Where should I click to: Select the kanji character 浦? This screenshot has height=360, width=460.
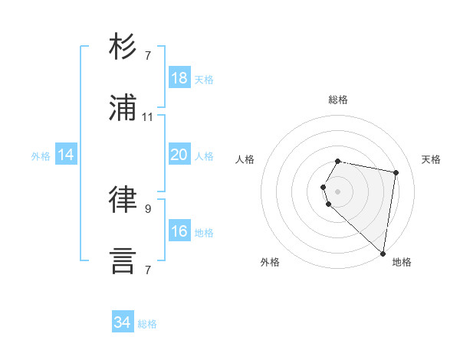[123, 107]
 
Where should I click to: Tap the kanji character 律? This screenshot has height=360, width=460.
[123, 199]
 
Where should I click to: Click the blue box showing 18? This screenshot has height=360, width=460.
[179, 78]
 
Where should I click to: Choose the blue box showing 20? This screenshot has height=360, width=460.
[179, 155]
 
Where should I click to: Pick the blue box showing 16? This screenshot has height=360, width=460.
[179, 231]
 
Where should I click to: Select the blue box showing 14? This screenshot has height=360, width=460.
[66, 155]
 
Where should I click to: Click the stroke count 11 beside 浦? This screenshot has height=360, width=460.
[148, 117]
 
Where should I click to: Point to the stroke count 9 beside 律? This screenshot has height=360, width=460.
[148, 208]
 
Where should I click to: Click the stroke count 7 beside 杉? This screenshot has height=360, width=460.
[148, 56]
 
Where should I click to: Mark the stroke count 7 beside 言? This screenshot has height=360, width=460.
[148, 270]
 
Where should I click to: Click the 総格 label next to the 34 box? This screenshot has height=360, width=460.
[147, 324]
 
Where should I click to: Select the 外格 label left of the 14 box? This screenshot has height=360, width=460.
[41, 155]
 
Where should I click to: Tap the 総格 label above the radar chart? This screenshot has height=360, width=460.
[338, 100]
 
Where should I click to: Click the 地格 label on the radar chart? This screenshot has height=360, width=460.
[402, 262]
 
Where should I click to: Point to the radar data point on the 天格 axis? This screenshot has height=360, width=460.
[396, 173]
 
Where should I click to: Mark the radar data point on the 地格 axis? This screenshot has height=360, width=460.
[383, 253]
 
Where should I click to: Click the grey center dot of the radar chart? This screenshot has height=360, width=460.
[338, 191]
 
